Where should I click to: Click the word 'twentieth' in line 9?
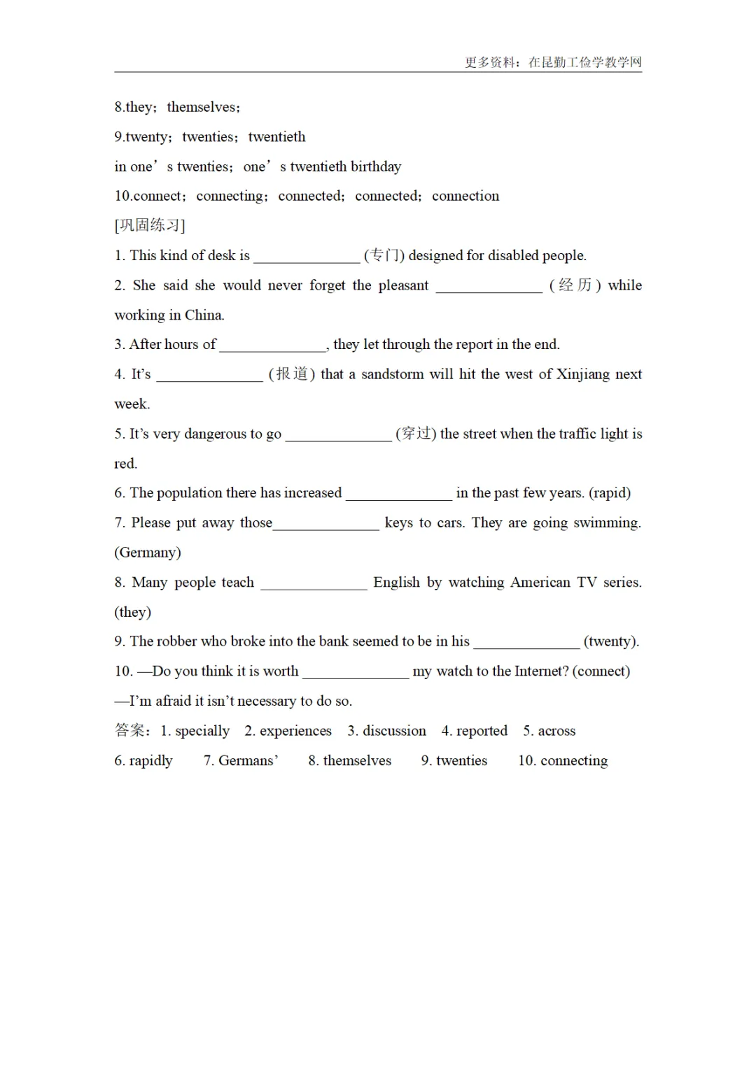point(276,137)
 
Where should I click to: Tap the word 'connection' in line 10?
point(465,197)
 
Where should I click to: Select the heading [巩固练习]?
point(150,225)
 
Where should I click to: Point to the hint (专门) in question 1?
point(384,256)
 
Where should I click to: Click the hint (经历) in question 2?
point(575,285)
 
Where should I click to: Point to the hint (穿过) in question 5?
point(416,434)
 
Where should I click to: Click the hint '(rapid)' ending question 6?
point(610,493)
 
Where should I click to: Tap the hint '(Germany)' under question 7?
point(148,553)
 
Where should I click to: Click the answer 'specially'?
point(202,731)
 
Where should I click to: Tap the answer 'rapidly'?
point(150,761)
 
